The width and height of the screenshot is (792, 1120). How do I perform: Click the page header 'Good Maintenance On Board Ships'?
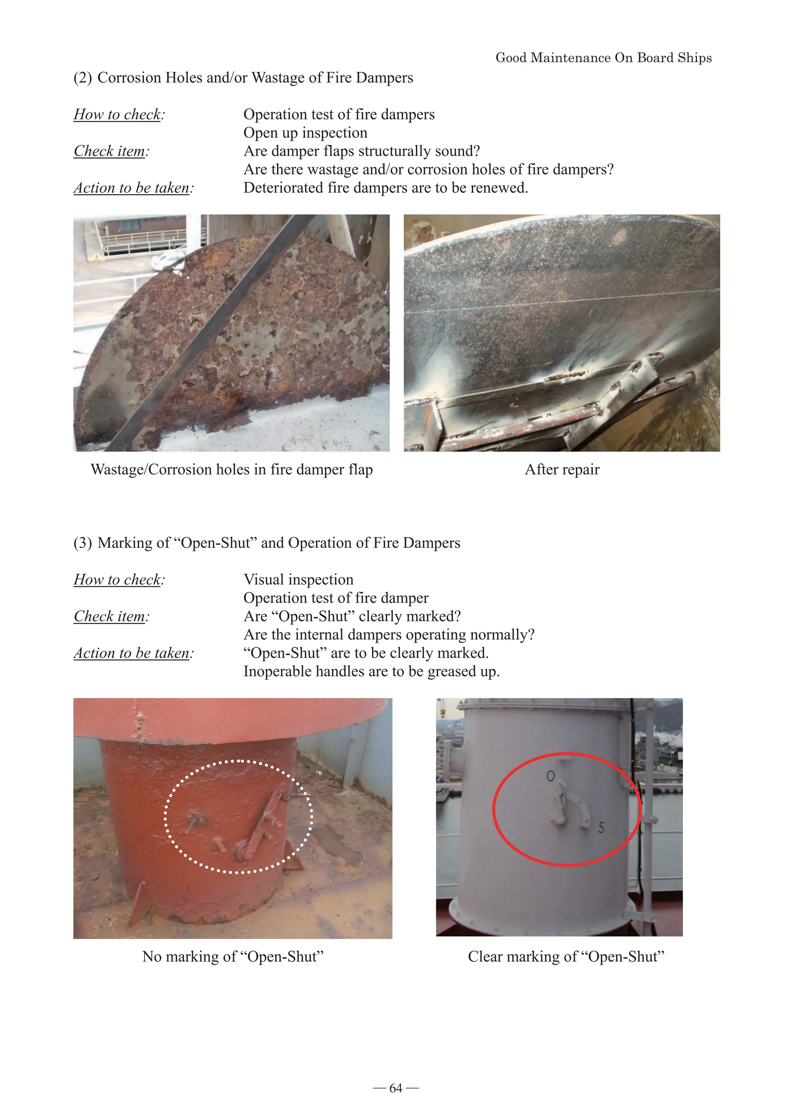point(603,58)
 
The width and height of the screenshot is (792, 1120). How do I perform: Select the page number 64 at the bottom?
point(396,1088)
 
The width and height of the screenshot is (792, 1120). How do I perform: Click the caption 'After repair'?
point(562,469)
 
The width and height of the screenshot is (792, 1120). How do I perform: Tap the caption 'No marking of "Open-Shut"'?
point(233,956)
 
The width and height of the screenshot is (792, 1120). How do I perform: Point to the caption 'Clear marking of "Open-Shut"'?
point(566,956)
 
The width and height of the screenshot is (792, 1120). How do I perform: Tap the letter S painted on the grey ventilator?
point(601,827)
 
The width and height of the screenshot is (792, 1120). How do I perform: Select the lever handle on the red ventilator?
point(266,825)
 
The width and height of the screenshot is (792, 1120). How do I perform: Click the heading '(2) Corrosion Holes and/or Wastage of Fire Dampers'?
point(243,78)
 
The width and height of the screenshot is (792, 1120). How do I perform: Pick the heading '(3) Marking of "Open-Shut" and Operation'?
point(266,543)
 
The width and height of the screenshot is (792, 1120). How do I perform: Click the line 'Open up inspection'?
point(305,133)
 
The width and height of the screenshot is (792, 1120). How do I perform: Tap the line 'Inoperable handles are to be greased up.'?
point(371,672)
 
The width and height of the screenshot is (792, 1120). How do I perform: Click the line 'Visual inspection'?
point(298,579)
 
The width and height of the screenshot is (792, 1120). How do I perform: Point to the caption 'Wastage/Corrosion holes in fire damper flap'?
point(232,469)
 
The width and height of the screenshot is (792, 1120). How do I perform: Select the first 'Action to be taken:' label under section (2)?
point(133,188)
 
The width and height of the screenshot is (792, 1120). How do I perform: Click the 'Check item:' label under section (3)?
point(111,616)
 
